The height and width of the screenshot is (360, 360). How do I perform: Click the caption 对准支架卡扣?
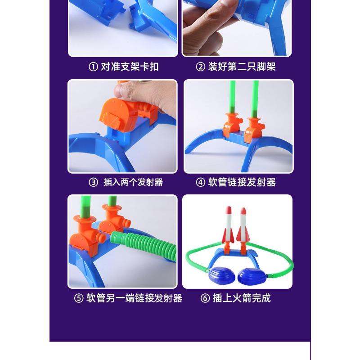[x=130, y=67]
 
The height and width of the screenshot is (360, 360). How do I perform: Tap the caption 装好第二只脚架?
[x=242, y=67]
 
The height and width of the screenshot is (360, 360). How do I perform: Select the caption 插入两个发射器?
[x=133, y=182]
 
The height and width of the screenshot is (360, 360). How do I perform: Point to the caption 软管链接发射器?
[x=242, y=182]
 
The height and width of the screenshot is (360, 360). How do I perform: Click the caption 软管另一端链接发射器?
[x=134, y=298]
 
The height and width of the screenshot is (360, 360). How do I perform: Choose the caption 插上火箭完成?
[x=242, y=298]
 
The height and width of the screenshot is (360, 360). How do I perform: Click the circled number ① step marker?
[x=93, y=67]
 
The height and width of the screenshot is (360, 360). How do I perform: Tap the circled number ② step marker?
[x=201, y=67]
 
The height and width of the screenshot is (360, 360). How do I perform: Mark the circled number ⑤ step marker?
[x=79, y=298]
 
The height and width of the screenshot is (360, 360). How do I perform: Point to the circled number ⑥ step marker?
[x=206, y=298]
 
